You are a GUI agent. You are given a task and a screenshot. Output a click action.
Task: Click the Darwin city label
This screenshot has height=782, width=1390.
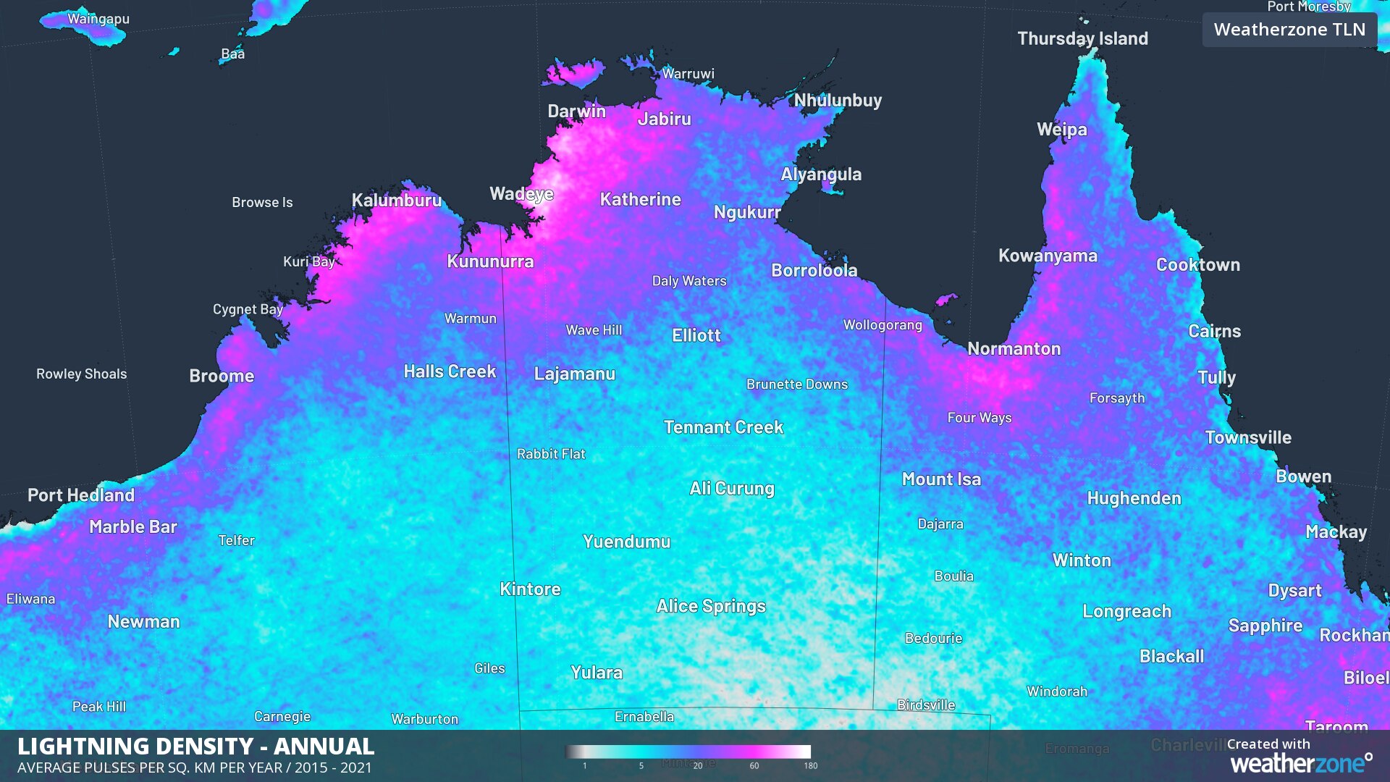pos(576,111)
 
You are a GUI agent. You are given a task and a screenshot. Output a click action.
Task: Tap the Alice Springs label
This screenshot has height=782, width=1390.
pos(710,606)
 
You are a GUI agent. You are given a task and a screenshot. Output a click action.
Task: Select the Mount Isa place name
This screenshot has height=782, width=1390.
pos(941,479)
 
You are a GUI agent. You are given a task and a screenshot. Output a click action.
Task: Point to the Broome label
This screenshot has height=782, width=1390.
pos(222,376)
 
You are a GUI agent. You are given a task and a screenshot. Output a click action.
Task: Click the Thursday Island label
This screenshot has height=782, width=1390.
pos(1082,38)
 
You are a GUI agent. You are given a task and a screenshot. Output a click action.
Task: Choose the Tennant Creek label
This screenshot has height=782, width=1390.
pos(723,427)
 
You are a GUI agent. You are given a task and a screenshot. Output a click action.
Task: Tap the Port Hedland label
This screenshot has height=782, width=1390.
pos(81,495)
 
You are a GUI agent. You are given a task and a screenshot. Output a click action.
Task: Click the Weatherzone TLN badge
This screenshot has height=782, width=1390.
pos(1289,30)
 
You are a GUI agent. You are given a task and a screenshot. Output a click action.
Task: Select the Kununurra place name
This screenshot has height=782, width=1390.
pos(490,261)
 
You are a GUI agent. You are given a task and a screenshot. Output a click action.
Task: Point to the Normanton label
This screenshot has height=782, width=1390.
pos(1014,349)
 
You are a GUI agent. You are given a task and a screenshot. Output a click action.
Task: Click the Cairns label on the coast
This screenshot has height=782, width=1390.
pos(1214,332)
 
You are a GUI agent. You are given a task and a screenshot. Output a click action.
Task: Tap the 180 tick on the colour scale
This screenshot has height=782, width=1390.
pos(810,765)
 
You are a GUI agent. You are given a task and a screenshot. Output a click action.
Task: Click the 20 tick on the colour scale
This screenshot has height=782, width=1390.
pos(697,765)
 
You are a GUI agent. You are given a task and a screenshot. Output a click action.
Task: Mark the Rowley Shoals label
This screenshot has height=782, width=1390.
pos(82,374)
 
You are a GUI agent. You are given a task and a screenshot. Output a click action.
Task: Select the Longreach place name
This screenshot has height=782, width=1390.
pos(1126,611)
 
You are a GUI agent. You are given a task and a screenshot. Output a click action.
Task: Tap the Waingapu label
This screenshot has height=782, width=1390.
pos(98,19)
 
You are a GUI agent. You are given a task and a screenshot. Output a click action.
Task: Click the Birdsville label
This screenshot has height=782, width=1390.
pos(926,705)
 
